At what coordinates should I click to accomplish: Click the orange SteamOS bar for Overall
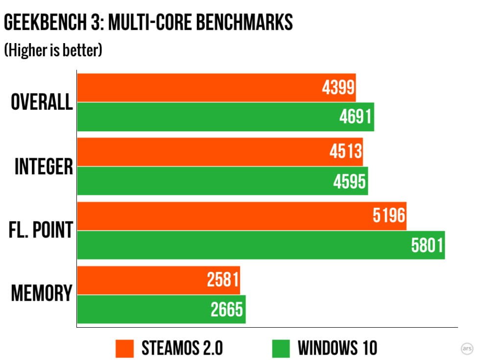click(216, 88)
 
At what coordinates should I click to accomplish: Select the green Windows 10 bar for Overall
click(225, 117)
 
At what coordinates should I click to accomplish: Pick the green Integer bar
click(222, 181)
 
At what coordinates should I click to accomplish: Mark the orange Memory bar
click(158, 280)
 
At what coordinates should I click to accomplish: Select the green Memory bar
click(161, 309)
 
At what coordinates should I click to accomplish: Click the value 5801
click(427, 245)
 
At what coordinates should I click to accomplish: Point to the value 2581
click(223, 280)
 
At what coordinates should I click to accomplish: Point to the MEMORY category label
click(42, 294)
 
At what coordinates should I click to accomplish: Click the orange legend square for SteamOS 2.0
click(125, 348)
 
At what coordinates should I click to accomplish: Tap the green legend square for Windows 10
click(281, 348)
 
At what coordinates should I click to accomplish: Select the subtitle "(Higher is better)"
click(53, 51)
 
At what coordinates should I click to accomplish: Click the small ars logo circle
click(467, 348)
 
